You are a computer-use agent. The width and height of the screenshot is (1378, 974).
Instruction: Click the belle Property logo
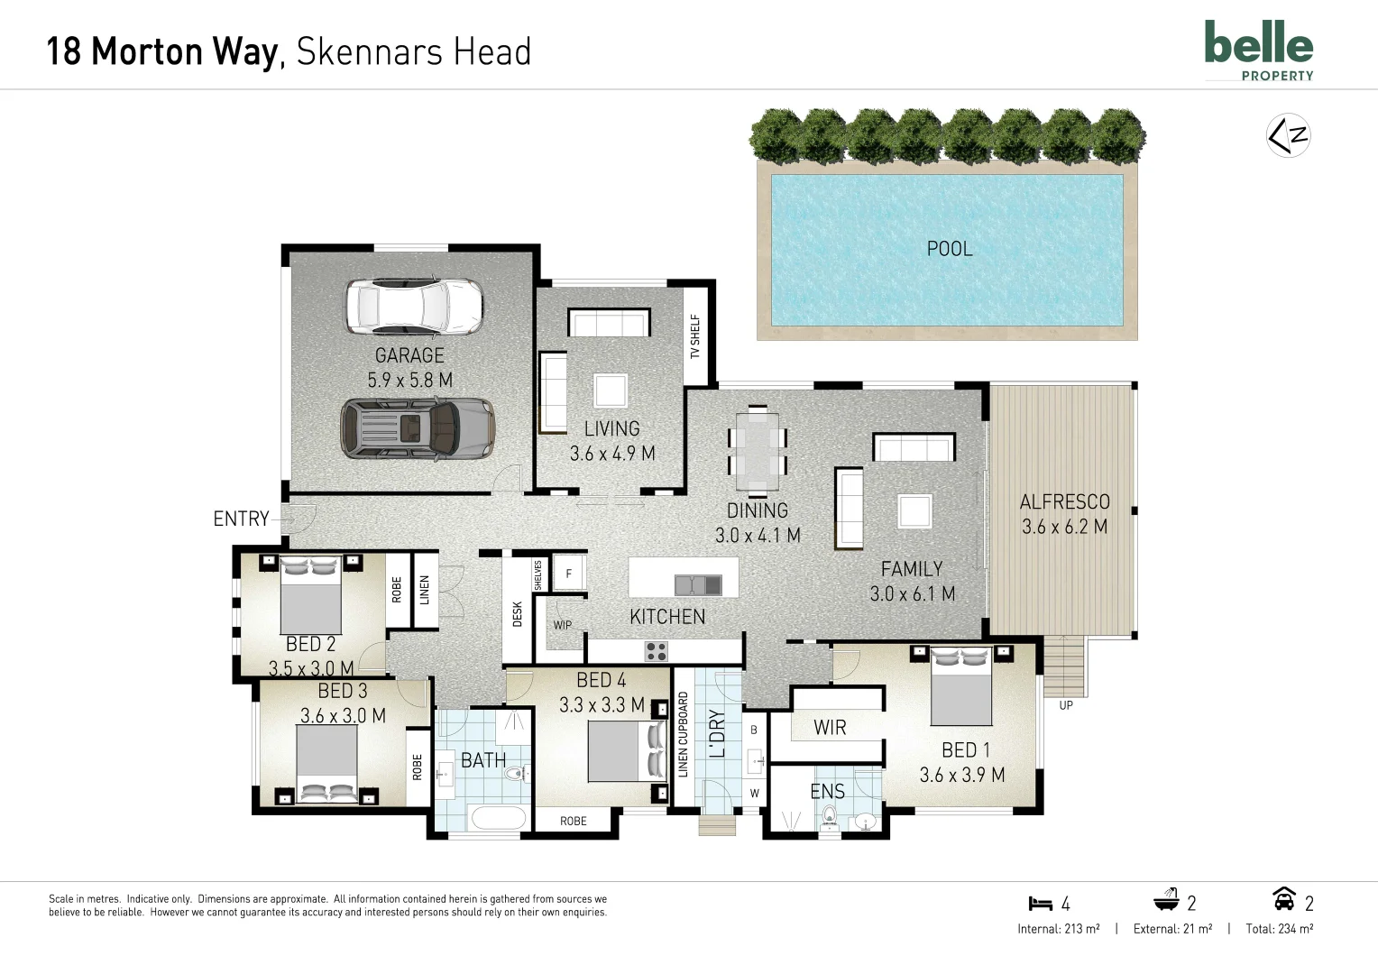click(1258, 51)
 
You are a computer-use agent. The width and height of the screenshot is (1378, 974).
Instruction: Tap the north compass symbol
click(1287, 136)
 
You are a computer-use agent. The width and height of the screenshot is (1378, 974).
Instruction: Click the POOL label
click(950, 249)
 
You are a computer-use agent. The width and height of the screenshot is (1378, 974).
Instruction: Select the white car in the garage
click(414, 306)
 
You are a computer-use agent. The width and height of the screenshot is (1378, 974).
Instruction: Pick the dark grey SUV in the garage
click(417, 428)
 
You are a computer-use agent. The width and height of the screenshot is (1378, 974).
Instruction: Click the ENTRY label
click(241, 519)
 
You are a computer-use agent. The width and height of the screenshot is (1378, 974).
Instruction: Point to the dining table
click(757, 449)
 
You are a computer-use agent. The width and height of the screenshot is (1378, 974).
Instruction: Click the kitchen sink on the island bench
click(698, 584)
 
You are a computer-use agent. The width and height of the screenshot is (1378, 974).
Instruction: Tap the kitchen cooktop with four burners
click(656, 650)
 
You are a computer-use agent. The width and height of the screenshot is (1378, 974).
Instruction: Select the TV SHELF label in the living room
click(695, 336)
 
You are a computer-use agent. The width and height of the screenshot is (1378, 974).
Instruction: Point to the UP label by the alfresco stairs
click(1066, 705)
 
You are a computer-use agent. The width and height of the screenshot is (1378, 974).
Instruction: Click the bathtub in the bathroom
click(498, 818)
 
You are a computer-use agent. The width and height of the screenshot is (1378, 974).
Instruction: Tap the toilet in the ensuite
click(830, 817)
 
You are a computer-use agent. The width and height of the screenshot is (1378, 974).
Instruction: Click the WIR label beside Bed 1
click(830, 728)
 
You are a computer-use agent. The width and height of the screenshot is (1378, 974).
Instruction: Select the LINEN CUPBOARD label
click(683, 734)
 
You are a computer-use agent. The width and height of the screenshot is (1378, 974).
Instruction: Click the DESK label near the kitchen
click(518, 614)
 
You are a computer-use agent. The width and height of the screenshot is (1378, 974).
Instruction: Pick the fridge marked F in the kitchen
click(568, 574)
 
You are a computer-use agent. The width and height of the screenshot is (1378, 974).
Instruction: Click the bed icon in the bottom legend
click(1040, 903)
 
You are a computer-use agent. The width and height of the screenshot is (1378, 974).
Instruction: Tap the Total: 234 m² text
click(1279, 928)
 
